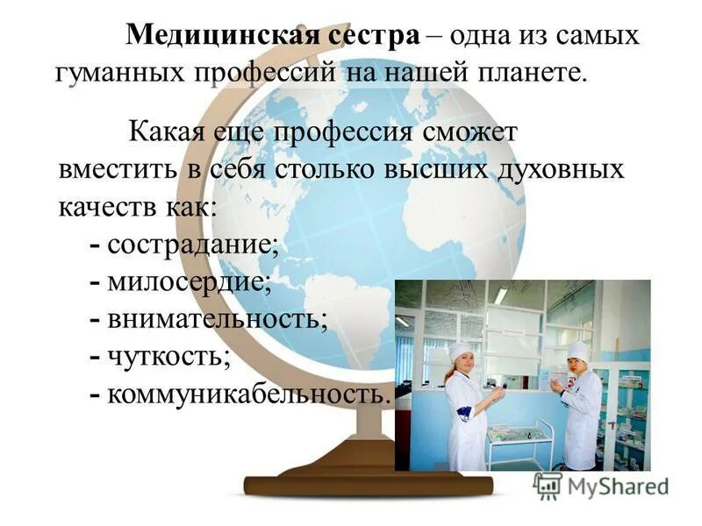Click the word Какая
click(x=167, y=133)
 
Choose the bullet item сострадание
click(x=192, y=244)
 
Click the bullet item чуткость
click(x=168, y=356)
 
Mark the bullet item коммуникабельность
click(x=246, y=393)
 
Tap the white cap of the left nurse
click(x=462, y=350)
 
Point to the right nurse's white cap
click(x=577, y=349)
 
